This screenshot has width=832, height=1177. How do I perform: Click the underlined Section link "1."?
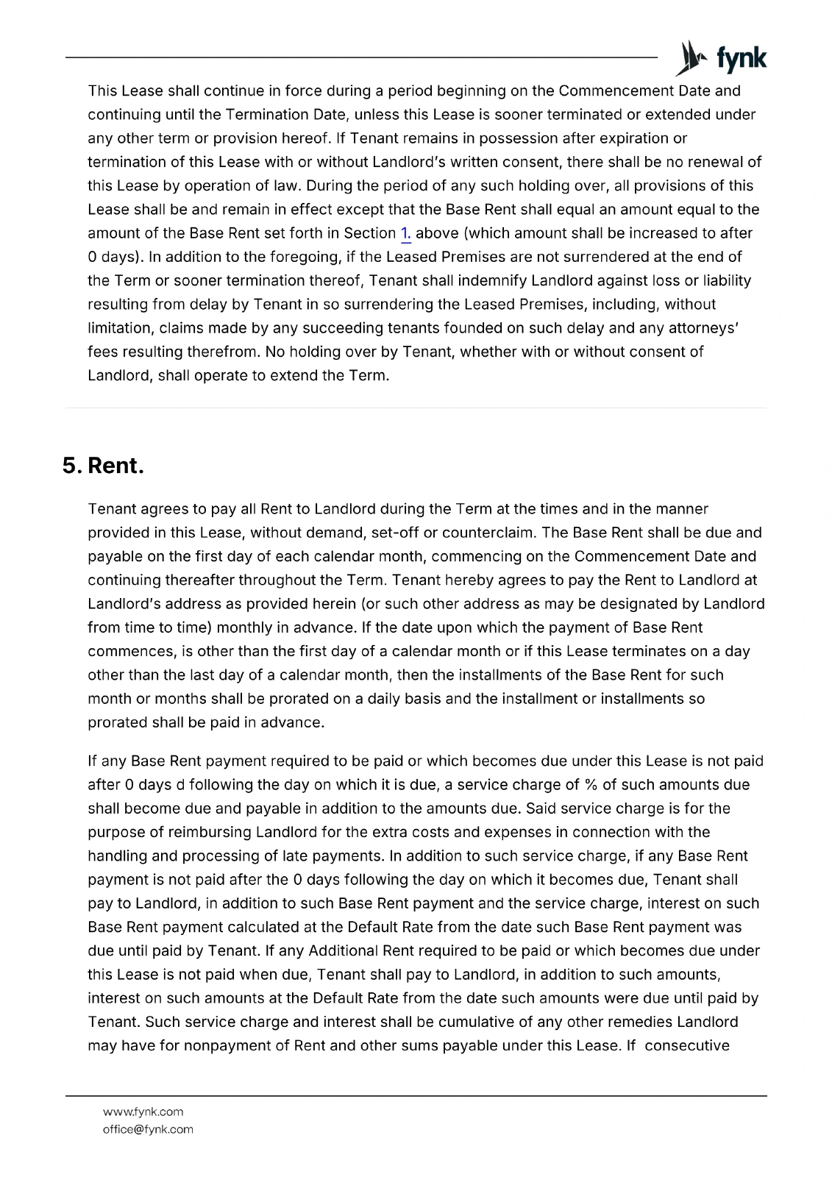(x=405, y=233)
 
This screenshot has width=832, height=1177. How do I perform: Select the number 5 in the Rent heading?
(x=71, y=466)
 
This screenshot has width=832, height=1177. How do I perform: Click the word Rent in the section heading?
(x=115, y=466)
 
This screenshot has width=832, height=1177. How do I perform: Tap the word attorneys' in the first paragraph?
(x=703, y=328)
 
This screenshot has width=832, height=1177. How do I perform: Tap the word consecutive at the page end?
(x=687, y=1045)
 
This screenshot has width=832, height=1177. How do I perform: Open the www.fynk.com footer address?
(x=143, y=1112)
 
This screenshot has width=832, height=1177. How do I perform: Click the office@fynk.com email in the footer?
(x=148, y=1129)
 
